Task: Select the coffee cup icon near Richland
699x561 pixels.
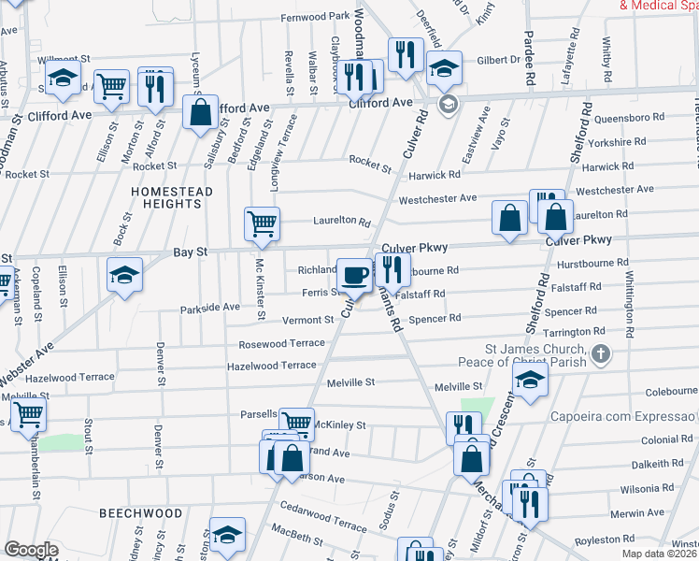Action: pos(354,275)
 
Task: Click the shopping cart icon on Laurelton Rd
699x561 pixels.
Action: pos(263,223)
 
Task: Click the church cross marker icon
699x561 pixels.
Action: pos(601,354)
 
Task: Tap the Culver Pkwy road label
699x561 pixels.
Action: pos(415,248)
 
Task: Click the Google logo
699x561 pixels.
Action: pos(31,550)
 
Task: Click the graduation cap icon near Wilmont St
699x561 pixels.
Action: pos(63,79)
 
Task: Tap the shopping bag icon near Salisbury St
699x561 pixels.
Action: pos(201,113)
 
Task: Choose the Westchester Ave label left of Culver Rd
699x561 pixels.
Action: pos(437,199)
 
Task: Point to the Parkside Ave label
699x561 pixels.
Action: pos(210,307)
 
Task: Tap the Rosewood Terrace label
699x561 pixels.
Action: pos(281,343)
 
